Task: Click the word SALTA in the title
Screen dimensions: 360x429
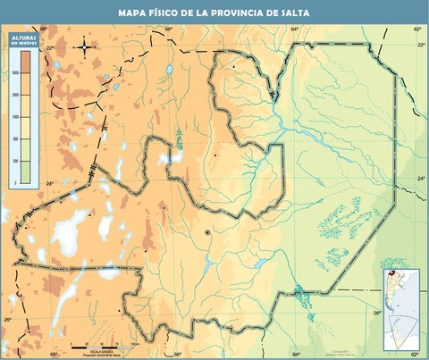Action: tap(296, 13)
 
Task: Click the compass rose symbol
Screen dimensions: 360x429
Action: tap(85, 46)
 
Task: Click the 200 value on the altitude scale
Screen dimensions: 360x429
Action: tap(14, 162)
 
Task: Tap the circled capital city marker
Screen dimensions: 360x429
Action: tap(207, 233)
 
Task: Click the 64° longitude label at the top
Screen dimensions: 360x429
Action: tap(295, 29)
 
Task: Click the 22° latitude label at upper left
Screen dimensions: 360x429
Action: tap(49, 47)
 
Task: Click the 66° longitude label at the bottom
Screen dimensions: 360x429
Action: tap(178, 354)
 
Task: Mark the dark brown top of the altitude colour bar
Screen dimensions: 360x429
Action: tap(26, 58)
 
